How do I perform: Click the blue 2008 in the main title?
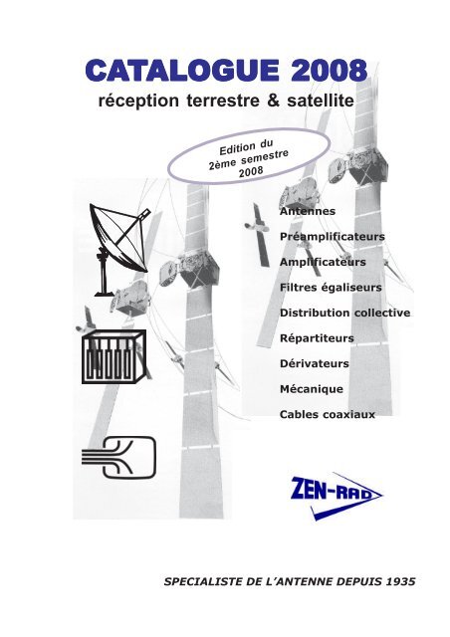[x=329, y=71]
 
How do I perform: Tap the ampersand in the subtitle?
[x=274, y=100]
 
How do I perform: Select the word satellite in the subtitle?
[x=321, y=101]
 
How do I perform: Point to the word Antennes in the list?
[x=308, y=211]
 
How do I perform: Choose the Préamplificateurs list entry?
[x=333, y=237]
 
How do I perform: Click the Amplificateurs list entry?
[x=323, y=262]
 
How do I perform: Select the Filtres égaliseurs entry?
[x=331, y=288]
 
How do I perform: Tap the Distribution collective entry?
[x=344, y=313]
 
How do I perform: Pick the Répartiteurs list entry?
[x=317, y=338]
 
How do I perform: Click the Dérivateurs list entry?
[x=315, y=363]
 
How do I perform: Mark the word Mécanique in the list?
[x=312, y=389]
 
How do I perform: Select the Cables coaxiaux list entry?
[x=328, y=414]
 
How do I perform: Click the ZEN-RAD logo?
[x=337, y=496]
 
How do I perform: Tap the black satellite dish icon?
[x=119, y=249]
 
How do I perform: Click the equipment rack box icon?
[x=113, y=356]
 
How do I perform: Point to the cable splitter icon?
[x=118, y=457]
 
